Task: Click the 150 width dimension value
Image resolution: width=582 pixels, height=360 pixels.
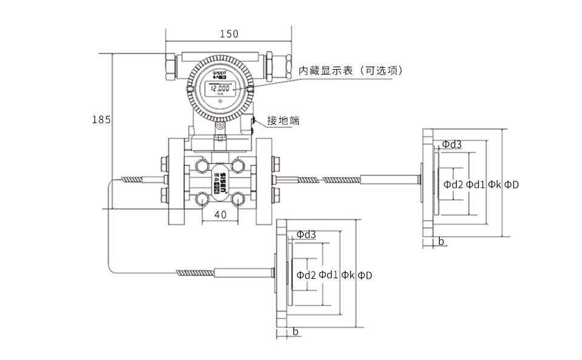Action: click(x=229, y=34)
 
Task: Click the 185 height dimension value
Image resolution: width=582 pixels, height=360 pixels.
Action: click(x=101, y=120)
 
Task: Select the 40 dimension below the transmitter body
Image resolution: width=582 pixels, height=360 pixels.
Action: click(x=221, y=215)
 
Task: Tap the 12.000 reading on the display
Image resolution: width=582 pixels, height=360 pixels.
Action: click(x=219, y=88)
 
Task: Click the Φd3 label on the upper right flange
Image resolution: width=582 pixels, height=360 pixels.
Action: click(x=451, y=144)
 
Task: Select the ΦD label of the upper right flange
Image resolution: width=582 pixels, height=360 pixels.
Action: click(x=512, y=184)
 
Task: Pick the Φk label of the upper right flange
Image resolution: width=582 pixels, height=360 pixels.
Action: click(x=495, y=184)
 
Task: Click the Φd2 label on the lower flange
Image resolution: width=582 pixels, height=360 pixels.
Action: click(x=306, y=275)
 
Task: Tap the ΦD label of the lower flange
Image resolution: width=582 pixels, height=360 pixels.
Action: click(x=365, y=275)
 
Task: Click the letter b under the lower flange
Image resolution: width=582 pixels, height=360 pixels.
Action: click(x=295, y=332)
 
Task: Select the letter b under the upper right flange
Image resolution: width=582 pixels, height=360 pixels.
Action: click(x=441, y=241)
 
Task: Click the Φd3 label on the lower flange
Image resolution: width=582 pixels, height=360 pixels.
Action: click(x=306, y=235)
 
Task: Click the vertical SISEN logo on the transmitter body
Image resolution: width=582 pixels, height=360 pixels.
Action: click(x=224, y=182)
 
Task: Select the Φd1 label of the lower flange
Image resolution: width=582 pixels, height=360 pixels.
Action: click(x=329, y=275)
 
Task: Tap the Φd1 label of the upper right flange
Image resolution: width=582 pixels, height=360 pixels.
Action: click(x=475, y=184)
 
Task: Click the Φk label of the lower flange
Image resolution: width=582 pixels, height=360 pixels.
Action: click(x=348, y=275)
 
